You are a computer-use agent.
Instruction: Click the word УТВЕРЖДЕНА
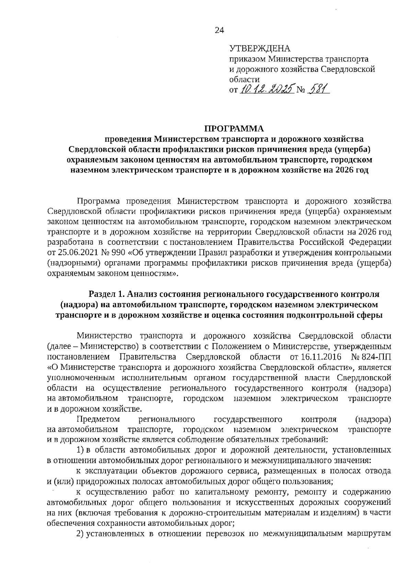tap(260, 48)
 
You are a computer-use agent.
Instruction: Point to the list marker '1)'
tap(80, 450)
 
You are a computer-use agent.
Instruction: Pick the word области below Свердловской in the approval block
tap(242, 80)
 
